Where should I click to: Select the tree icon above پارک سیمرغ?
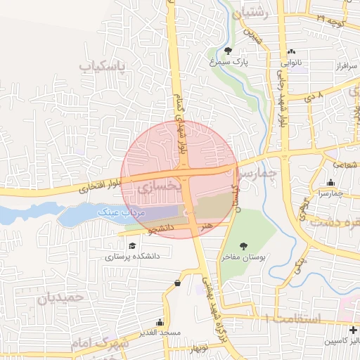(x=229, y=50)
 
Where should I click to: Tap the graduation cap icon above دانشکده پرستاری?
(x=132, y=245)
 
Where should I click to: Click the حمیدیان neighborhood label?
(x=60, y=297)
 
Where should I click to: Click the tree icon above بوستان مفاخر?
(x=243, y=245)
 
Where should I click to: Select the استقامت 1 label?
(x=291, y=319)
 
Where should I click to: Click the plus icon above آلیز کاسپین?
(x=352, y=330)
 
